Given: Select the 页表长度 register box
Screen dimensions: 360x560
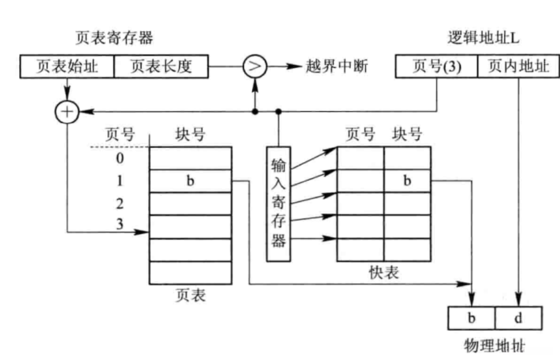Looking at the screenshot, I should (160, 66).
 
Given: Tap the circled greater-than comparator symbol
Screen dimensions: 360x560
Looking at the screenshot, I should (254, 66).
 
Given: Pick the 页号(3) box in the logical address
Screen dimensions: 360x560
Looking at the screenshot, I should (436, 66).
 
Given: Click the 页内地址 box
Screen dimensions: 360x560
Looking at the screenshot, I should (517, 66).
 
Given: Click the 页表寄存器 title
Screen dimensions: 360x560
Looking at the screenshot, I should (114, 38).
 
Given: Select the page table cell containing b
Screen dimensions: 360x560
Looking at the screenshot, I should (190, 181).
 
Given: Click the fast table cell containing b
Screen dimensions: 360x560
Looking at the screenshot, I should (407, 181).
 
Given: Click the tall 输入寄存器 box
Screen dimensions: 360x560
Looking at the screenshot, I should (278, 204).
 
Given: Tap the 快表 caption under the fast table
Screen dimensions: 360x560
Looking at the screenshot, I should (384, 272).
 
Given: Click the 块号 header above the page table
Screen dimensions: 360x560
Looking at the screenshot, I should (190, 135).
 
